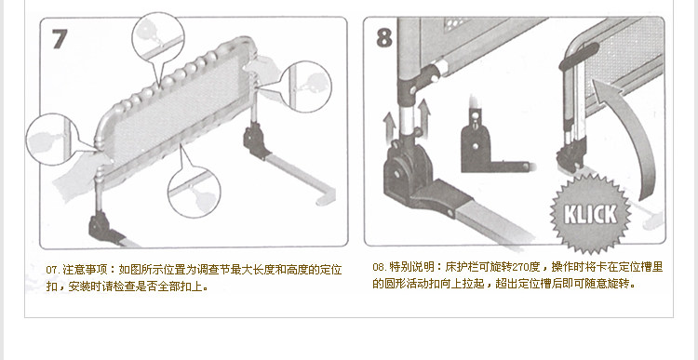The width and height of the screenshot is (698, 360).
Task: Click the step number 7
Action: click(x=60, y=39)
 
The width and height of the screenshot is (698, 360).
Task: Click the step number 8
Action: click(x=384, y=37)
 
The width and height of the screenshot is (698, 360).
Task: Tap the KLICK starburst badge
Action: click(x=590, y=214)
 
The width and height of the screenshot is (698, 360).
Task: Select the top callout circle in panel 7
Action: click(x=158, y=38)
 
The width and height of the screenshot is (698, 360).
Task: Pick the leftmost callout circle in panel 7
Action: click(x=52, y=140)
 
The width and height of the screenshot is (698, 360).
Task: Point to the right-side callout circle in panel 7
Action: click(x=305, y=87)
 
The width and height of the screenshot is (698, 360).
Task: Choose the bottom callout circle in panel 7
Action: click(x=195, y=192)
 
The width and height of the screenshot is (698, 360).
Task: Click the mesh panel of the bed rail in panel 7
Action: click(x=178, y=112)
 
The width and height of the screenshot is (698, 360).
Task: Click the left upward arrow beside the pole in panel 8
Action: click(x=390, y=126)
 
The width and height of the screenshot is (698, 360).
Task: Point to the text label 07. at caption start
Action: click(x=53, y=270)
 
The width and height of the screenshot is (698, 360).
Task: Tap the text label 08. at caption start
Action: click(x=380, y=267)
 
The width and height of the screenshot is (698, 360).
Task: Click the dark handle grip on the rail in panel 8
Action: click(x=579, y=56)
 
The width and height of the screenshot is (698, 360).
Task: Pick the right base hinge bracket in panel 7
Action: click(x=255, y=140)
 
